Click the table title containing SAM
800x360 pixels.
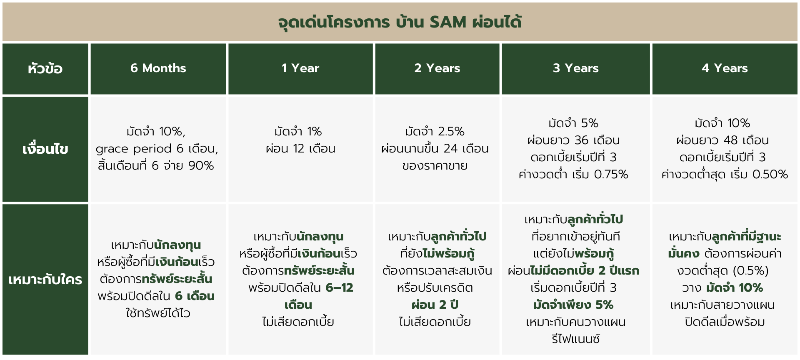(x=400, y=22)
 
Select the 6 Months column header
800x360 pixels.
(x=158, y=68)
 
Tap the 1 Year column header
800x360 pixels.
(x=300, y=68)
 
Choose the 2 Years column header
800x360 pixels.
(x=437, y=68)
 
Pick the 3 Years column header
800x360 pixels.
(x=575, y=68)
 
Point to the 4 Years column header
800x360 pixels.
(x=725, y=68)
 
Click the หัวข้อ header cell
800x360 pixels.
(x=45, y=68)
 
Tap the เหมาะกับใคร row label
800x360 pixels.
(x=45, y=280)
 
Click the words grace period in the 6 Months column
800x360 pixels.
(x=133, y=149)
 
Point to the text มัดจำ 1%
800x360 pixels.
(x=298, y=132)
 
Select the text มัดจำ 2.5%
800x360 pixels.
(x=435, y=132)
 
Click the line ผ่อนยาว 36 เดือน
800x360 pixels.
(x=574, y=140)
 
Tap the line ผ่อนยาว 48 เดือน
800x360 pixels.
(x=722, y=140)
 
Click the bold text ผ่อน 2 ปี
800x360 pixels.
(x=435, y=305)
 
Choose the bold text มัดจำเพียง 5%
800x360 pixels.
(x=573, y=305)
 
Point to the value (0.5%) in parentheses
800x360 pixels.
(x=750, y=271)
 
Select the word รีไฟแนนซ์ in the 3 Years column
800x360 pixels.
(x=575, y=339)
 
